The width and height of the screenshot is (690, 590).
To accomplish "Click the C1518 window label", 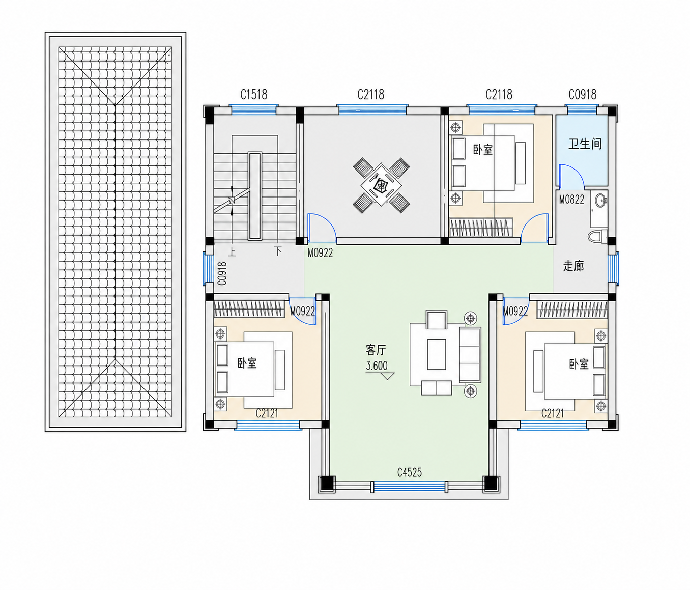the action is pos(254,95).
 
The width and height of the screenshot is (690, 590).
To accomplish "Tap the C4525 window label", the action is pos(409,472).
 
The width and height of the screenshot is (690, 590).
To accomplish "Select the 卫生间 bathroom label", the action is pos(585,144).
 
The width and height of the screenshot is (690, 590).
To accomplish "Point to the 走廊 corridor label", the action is pos(573,266).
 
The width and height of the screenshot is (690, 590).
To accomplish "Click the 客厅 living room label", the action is pos(376,350).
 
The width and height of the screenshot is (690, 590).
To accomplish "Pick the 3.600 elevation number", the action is pos(377,366).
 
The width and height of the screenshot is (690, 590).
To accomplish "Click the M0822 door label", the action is pos(571,200).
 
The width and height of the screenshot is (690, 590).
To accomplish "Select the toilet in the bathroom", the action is pos(597,237).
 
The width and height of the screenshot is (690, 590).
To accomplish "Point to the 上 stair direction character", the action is pos(232,251).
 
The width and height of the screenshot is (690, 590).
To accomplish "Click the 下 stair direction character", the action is pos(278,251).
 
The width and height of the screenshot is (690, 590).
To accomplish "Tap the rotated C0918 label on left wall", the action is pos(222,273).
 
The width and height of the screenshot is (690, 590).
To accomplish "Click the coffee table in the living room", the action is pos(436,354).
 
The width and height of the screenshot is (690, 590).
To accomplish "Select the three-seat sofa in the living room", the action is pos(470,355).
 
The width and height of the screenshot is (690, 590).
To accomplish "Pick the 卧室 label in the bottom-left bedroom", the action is pos(247,363).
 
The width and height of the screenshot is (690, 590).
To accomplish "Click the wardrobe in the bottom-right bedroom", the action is pos(572,310).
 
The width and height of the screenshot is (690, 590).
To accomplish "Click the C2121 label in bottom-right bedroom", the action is pos(553,413).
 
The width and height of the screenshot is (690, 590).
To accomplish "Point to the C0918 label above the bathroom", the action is pos(582,95).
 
